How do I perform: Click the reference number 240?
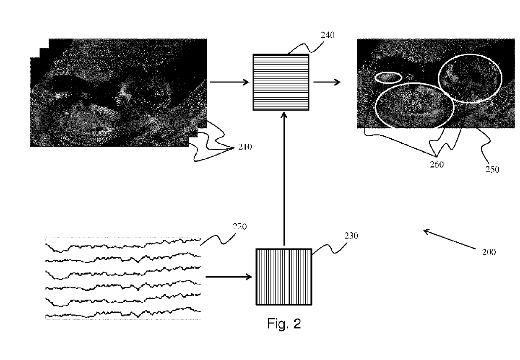(x=328, y=35)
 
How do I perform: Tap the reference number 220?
(x=239, y=227)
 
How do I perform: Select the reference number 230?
(x=351, y=236)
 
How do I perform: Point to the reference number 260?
(x=437, y=165)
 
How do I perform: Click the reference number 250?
(x=492, y=169)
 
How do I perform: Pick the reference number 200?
(x=488, y=252)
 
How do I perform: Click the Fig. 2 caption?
(x=284, y=324)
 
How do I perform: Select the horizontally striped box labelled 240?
(x=281, y=82)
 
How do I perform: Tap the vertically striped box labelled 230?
(x=284, y=277)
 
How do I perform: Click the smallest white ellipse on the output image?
(x=388, y=77)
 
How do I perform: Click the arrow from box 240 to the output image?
(x=327, y=82)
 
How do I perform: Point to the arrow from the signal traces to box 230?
(x=229, y=277)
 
